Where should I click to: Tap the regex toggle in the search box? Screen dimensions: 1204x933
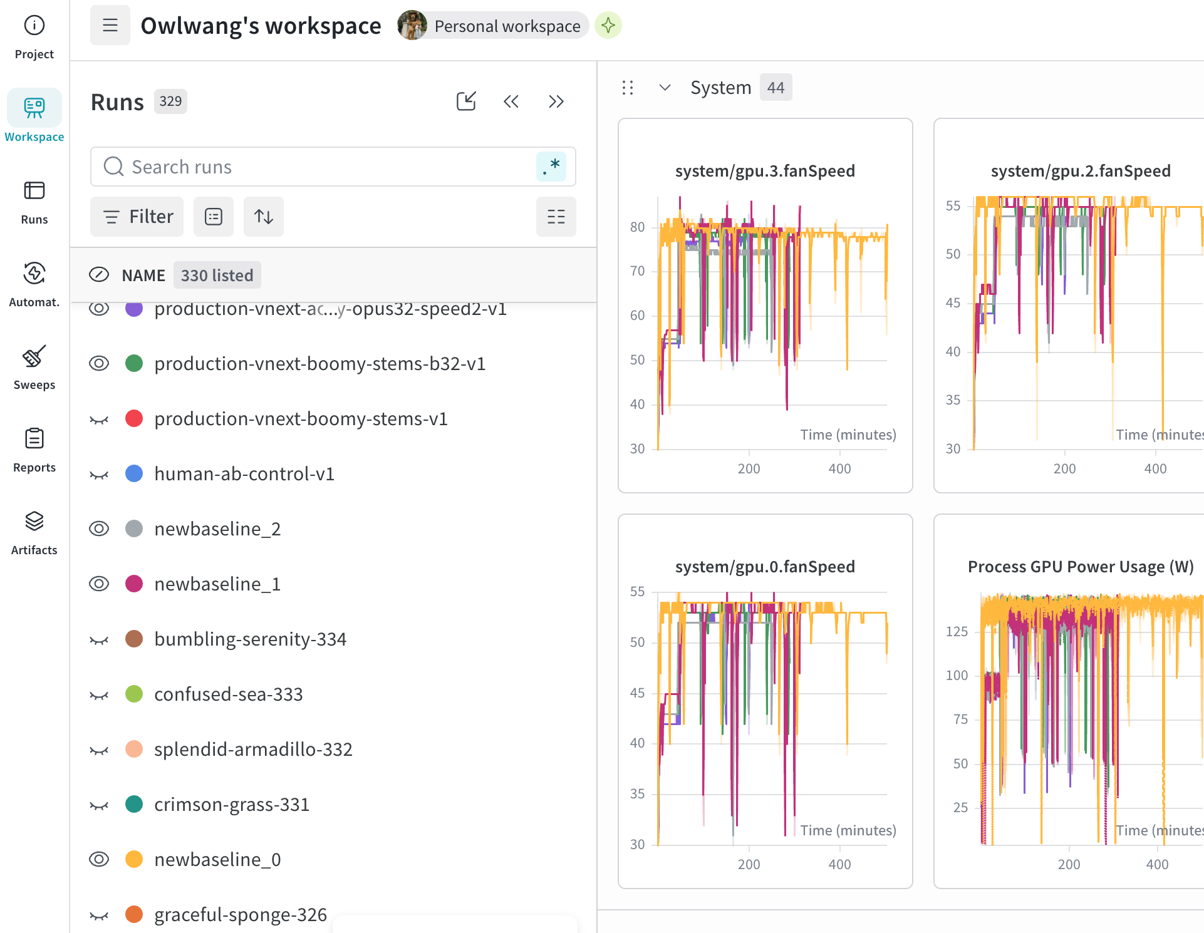551,167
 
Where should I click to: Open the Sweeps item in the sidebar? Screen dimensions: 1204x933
34,368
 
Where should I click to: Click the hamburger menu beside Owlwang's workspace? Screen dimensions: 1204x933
110,25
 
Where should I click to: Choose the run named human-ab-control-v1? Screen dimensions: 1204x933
244,474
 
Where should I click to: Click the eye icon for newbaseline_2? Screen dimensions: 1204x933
99,529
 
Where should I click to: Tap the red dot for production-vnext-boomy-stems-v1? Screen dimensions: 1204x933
134,418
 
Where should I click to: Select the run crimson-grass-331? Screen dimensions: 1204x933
232,805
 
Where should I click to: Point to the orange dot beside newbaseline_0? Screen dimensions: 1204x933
134,859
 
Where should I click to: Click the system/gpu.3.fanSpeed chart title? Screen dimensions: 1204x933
765,171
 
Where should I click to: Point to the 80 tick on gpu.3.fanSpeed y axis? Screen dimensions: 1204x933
637,227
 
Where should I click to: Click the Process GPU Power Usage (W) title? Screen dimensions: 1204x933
1081,567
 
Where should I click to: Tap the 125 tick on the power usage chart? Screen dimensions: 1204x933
957,631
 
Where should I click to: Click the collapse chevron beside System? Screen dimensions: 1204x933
665,88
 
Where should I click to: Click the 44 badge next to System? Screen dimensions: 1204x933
776,88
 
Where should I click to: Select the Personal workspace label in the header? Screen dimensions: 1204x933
507,26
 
